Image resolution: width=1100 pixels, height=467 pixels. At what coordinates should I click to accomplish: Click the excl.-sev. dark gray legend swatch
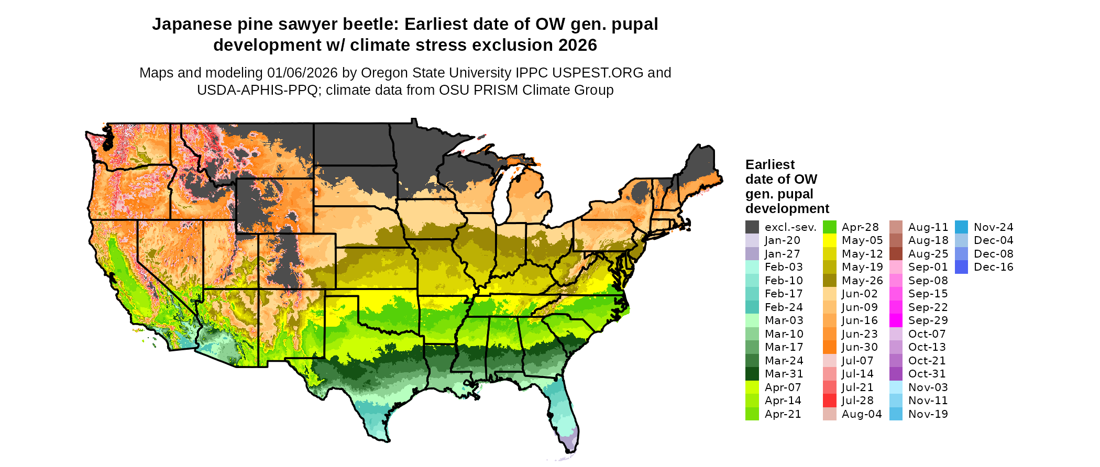[752, 227]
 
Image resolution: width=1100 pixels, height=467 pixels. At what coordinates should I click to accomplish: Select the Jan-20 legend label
[782, 240]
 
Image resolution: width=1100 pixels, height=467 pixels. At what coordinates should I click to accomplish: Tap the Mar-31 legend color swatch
[752, 374]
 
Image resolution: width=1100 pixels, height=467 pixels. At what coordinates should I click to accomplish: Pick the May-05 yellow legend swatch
[829, 240]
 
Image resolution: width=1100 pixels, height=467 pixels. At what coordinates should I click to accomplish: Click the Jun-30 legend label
[860, 347]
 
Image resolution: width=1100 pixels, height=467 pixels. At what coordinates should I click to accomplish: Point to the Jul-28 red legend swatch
[829, 401]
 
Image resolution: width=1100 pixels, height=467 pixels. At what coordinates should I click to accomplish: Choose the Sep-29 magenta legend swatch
[896, 320]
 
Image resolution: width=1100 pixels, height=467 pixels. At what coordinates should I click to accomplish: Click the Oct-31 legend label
[927, 374]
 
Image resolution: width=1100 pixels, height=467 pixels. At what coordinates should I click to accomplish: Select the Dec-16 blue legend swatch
[961, 267]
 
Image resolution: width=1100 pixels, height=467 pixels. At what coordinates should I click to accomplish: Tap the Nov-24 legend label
[993, 227]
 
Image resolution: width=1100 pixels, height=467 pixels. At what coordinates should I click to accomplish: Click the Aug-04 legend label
[862, 414]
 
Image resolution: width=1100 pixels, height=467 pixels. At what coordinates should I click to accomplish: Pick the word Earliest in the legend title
[769, 164]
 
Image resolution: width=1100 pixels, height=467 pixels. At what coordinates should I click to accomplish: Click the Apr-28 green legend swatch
[829, 227]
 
